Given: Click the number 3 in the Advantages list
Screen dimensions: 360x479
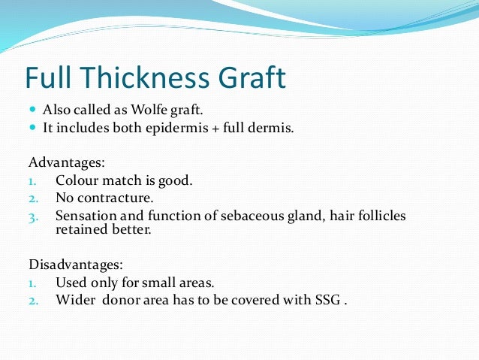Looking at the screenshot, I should tap(32, 217).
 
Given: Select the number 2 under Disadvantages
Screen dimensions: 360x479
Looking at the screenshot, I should tap(32, 301).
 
